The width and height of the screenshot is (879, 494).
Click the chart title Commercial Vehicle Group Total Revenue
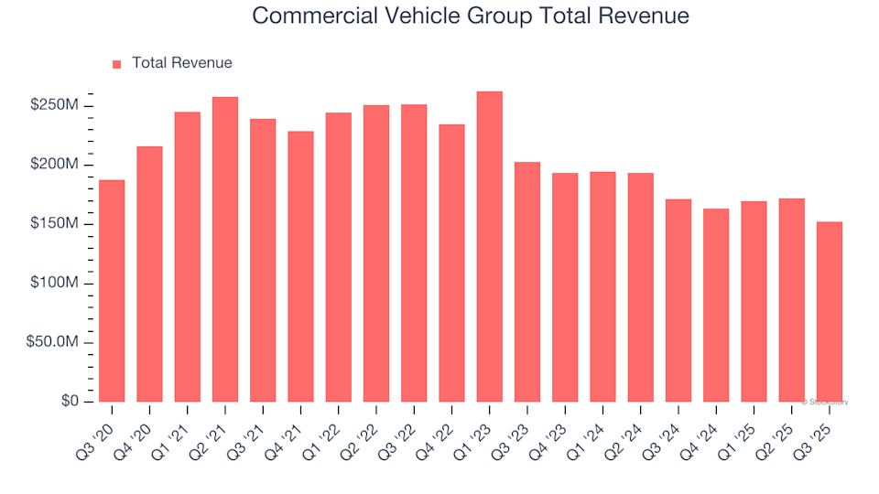[470, 16]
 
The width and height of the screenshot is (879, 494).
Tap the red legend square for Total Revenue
[116, 64]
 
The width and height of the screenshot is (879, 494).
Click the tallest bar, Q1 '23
[490, 247]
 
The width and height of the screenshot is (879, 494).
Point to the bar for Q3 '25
[830, 312]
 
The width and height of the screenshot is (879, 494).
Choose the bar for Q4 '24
[716, 306]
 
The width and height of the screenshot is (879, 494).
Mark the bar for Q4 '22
[451, 263]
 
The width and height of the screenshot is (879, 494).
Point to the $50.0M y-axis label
[52, 343]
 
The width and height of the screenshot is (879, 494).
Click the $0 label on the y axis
[71, 402]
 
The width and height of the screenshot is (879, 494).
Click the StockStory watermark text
[825, 402]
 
